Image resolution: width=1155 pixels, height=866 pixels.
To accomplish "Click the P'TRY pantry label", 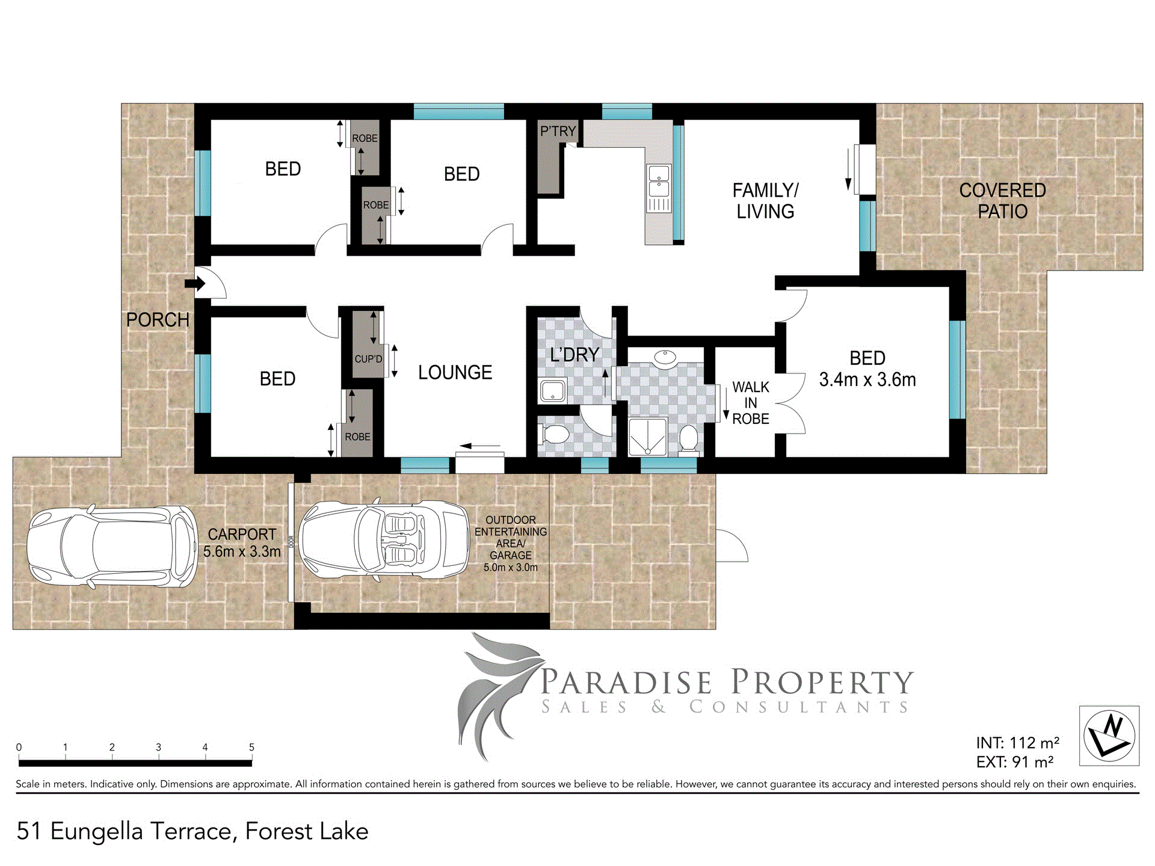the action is click(558, 131).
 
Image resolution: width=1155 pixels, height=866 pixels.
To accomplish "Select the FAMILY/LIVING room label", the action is click(765, 201).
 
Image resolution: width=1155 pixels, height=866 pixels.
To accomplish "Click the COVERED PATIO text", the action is click(1002, 201).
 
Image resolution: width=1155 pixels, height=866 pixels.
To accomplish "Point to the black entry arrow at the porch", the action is click(195, 283).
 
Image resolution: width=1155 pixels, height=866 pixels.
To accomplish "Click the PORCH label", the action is click(158, 320).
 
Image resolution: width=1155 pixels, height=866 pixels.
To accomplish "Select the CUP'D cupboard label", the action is click(368, 359).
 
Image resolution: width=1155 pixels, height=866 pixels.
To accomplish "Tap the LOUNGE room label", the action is click(455, 373).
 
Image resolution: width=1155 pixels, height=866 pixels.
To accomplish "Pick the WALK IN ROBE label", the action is click(751, 403).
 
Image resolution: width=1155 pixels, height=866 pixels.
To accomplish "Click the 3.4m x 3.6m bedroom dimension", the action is click(867, 380).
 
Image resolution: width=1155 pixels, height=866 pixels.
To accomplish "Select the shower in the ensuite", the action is click(647, 437).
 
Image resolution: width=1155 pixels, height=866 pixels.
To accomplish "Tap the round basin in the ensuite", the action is click(665, 357).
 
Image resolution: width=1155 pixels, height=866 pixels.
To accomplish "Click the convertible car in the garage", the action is click(384, 539).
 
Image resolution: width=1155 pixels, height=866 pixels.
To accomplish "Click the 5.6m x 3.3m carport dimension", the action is click(242, 551).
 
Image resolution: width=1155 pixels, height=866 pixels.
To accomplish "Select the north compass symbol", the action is click(1109, 735).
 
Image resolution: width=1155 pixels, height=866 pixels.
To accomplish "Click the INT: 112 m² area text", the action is click(1018, 743).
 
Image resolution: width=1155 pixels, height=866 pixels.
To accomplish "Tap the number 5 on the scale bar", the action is click(251, 747).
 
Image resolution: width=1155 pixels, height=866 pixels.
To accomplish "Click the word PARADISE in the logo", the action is click(626, 682).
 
